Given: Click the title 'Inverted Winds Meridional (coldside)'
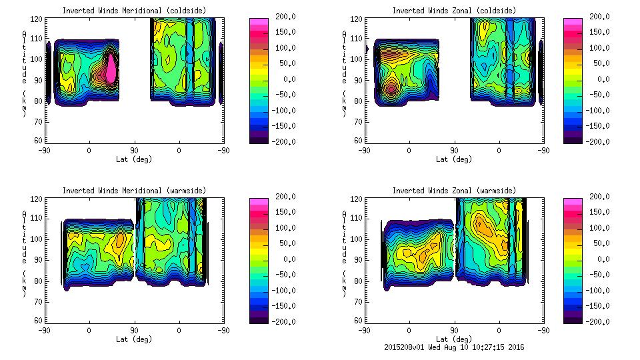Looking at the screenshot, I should (135, 11).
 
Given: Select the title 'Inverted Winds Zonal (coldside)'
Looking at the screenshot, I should (453, 11).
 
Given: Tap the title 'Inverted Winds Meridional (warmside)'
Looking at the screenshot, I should (135, 191).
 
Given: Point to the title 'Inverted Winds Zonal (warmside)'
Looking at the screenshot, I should (453, 191).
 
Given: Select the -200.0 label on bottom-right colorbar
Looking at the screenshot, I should (599, 321).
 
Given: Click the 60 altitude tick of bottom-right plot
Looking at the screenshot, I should (357, 321).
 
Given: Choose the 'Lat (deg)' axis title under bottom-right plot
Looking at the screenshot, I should (453, 339).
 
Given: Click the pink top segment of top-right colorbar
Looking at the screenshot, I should (573, 22).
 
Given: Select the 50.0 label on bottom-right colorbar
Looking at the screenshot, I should (603, 243).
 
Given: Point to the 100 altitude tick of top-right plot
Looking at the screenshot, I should (357, 59).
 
